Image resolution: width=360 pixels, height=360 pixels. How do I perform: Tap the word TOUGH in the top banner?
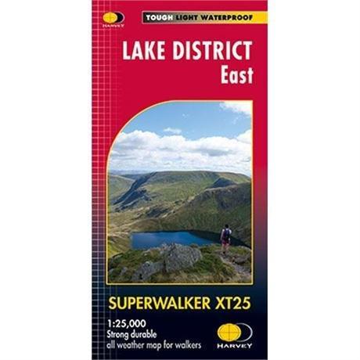click(x=157, y=16)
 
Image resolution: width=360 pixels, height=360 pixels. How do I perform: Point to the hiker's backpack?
click(x=227, y=233)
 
